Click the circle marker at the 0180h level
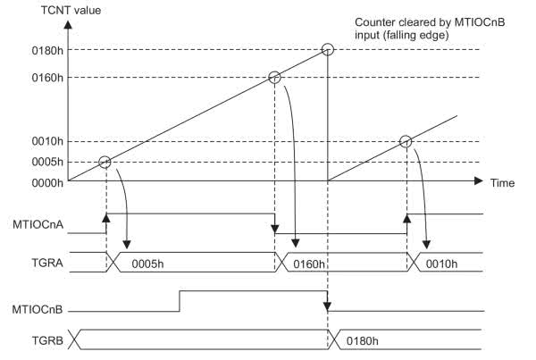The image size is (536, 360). click(x=328, y=48)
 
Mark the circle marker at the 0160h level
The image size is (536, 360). click(x=275, y=78)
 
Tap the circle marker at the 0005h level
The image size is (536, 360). click(x=105, y=162)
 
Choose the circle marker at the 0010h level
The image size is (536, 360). click(x=406, y=141)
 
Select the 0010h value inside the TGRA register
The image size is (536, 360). click(x=441, y=262)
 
